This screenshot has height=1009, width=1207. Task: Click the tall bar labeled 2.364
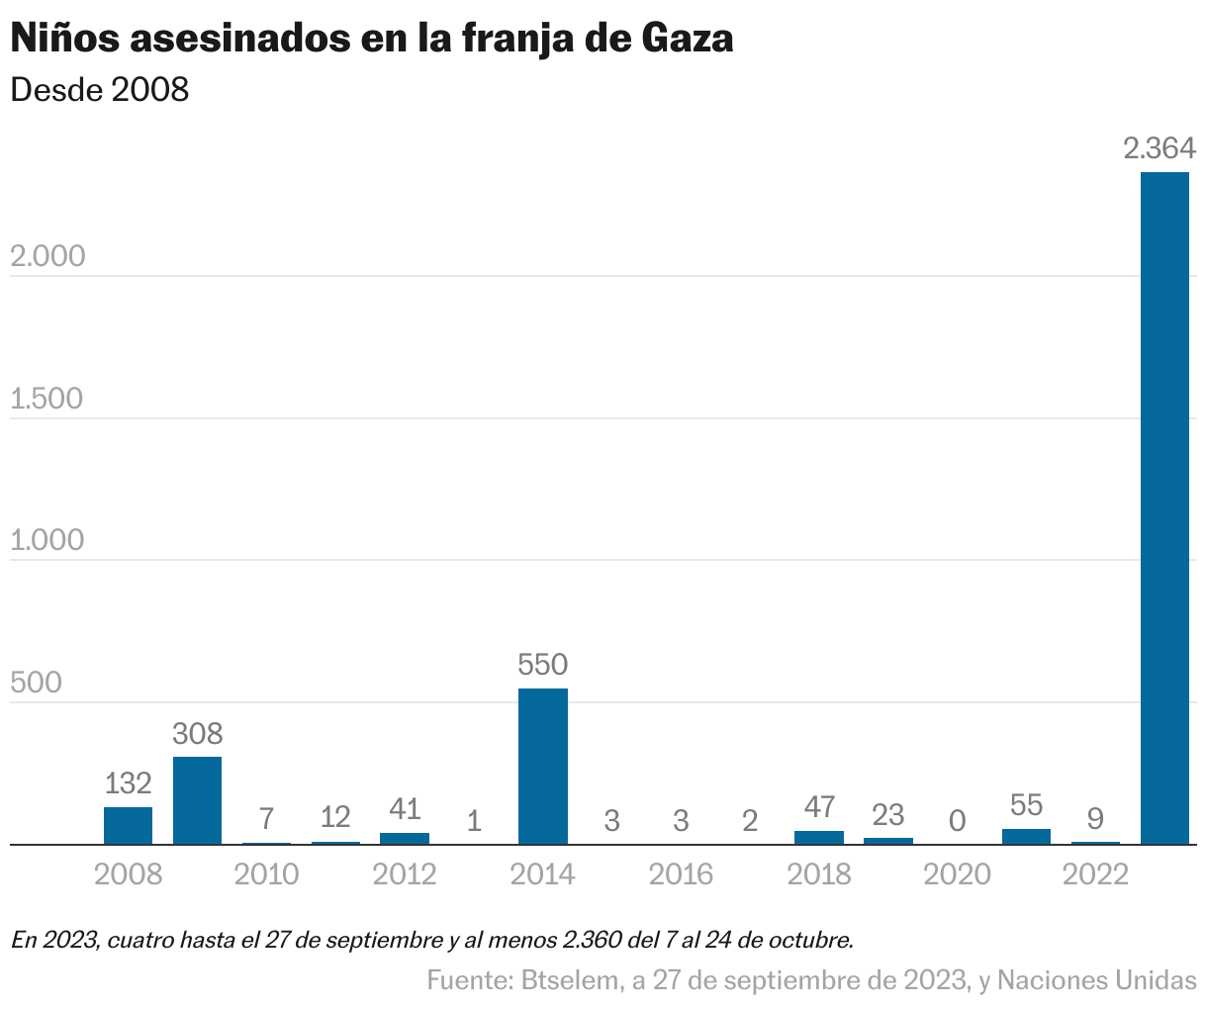1164,508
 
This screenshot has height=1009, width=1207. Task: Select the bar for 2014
543,766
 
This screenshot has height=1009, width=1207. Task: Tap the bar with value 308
197,800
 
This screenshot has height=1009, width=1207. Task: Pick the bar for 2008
129,826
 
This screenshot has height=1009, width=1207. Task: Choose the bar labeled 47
819,838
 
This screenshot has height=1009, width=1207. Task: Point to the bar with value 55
1026,837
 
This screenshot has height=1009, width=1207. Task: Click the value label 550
543,665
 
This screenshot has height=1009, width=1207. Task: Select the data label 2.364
1160,149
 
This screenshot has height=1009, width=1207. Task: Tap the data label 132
129,783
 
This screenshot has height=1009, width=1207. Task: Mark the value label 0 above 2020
957,821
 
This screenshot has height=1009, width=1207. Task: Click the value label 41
405,809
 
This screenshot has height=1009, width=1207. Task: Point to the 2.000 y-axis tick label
47,257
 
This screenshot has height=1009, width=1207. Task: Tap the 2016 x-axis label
681,874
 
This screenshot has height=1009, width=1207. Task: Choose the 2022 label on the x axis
1095,874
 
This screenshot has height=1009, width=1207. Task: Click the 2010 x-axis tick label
267,874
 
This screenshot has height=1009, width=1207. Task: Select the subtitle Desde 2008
99,90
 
